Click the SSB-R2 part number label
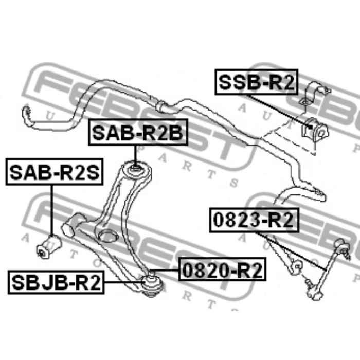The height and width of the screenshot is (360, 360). coord(257,82)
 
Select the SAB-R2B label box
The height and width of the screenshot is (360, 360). coord(138,132)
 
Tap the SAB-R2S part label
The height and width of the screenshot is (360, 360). coord(55,172)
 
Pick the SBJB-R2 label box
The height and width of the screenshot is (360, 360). coord(56,282)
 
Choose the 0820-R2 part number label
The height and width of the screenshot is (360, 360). coord(222,269)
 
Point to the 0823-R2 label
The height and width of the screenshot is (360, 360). coord(254,220)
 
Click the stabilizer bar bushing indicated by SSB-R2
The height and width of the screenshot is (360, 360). coord(315,131)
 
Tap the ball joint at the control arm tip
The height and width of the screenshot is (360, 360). coord(152,283)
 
